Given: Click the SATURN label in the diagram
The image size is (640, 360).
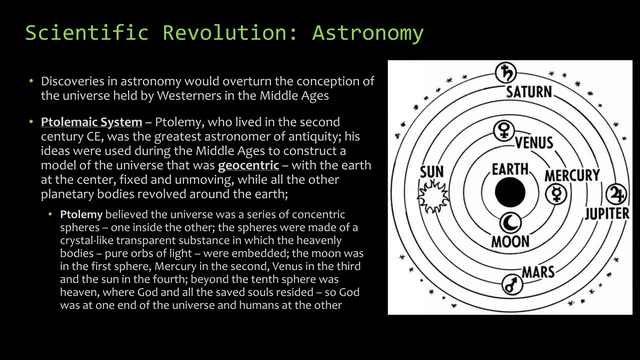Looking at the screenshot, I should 529,92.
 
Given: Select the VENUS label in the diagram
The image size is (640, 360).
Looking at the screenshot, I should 534,143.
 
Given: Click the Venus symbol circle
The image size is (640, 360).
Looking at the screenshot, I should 504,131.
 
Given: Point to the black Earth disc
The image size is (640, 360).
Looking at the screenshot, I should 510,192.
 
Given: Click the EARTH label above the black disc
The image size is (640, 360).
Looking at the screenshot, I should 510,169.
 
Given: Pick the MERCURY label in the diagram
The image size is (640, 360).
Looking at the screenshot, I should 572,175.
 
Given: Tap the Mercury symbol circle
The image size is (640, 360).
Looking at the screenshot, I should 556,194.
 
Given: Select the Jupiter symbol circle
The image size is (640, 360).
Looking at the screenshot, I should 616,194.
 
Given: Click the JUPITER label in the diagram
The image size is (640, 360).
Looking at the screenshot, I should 607,214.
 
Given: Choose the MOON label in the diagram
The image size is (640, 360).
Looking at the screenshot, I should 510,242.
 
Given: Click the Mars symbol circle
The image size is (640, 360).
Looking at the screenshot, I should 512,285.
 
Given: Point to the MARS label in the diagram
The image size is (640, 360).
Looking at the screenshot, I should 538,272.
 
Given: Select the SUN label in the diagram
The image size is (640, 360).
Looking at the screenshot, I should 432,172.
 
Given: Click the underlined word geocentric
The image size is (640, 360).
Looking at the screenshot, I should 248,165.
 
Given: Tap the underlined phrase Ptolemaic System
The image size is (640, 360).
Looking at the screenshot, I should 92,122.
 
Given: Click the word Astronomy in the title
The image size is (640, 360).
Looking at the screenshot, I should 368,33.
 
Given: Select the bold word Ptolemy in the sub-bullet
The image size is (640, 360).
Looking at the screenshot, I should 81,215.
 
